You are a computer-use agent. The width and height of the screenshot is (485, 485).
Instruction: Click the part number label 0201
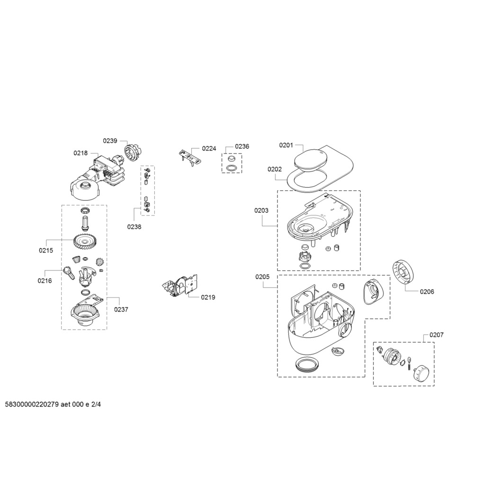[286, 145]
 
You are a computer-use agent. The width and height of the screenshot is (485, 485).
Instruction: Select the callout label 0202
[275, 169]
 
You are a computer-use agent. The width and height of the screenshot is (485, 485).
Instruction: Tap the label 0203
[261, 210]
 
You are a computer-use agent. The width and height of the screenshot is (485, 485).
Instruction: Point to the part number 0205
[262, 277]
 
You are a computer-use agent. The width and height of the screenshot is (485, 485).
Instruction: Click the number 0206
[427, 291]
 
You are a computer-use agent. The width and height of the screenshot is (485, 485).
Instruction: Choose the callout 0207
[436, 335]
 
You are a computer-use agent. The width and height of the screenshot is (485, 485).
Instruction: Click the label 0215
[46, 250]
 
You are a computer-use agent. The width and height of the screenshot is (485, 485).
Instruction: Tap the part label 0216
[45, 280]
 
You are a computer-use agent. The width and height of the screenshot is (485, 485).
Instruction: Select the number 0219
[208, 297]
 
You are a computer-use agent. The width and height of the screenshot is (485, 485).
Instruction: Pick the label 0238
[134, 227]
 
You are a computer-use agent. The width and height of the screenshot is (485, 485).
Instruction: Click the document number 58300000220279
[32, 404]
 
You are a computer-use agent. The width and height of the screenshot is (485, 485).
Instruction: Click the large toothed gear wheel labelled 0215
[84, 242]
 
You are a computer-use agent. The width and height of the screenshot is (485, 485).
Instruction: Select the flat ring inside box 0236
[232, 168]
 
